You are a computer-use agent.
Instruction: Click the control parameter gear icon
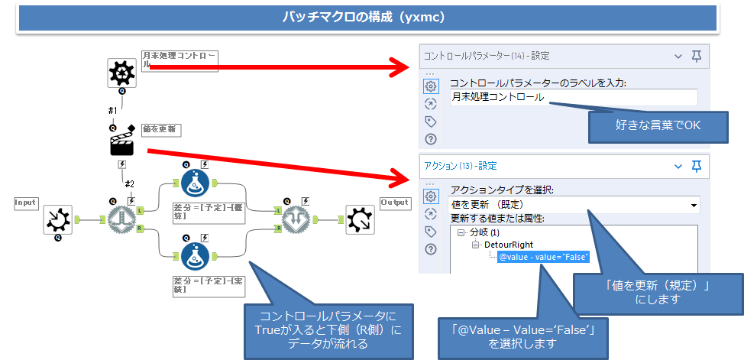point(121,72)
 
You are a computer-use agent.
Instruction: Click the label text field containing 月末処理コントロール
point(573,97)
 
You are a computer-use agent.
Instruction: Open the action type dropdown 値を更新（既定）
point(574,204)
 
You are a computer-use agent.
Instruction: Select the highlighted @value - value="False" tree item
point(543,257)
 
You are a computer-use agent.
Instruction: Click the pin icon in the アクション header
point(696,166)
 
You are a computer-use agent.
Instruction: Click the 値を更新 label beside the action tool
point(160,129)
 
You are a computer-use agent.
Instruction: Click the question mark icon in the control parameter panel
point(431,139)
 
